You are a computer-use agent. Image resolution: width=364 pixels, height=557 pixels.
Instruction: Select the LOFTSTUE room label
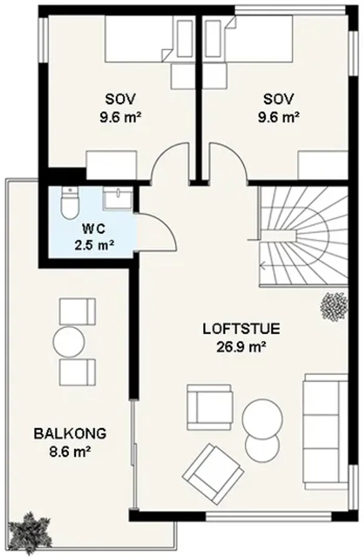241,329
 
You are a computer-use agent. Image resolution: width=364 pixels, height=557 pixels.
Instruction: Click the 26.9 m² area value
241,346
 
